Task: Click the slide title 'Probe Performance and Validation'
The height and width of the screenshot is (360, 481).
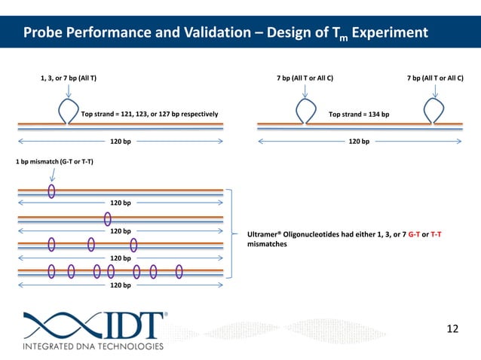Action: pyautogui.click(x=128, y=33)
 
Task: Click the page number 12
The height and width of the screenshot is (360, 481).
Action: pyautogui.click(x=452, y=328)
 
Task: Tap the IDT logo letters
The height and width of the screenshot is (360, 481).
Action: pyautogui.click(x=127, y=325)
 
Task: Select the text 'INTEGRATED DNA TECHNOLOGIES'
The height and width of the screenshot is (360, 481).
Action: pyautogui.click(x=93, y=346)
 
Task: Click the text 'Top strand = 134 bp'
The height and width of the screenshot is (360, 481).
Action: pyautogui.click(x=359, y=114)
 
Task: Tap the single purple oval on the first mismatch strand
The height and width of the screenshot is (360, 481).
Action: pyautogui.click(x=52, y=191)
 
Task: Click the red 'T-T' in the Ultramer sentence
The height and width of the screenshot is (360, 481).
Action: pyautogui.click(x=436, y=234)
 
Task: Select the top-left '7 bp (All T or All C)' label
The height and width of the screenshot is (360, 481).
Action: pyautogui.click(x=305, y=78)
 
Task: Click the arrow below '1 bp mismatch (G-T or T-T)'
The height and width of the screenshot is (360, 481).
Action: pyautogui.click(x=52, y=175)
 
